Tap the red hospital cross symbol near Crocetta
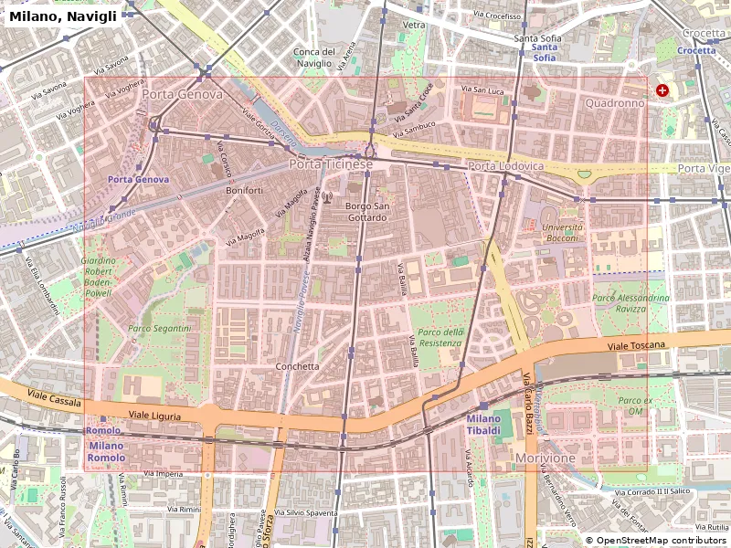click(x=662, y=90)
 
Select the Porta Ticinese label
click(x=331, y=164)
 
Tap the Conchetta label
click(x=297, y=366)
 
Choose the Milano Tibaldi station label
click(x=483, y=425)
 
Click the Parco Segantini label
click(x=159, y=328)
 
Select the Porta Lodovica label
click(x=505, y=166)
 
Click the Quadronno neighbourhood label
click(x=615, y=103)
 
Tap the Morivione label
click(x=546, y=457)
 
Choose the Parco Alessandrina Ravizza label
click(x=630, y=303)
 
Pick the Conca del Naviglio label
click(x=314, y=58)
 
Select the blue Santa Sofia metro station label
click(x=544, y=52)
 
